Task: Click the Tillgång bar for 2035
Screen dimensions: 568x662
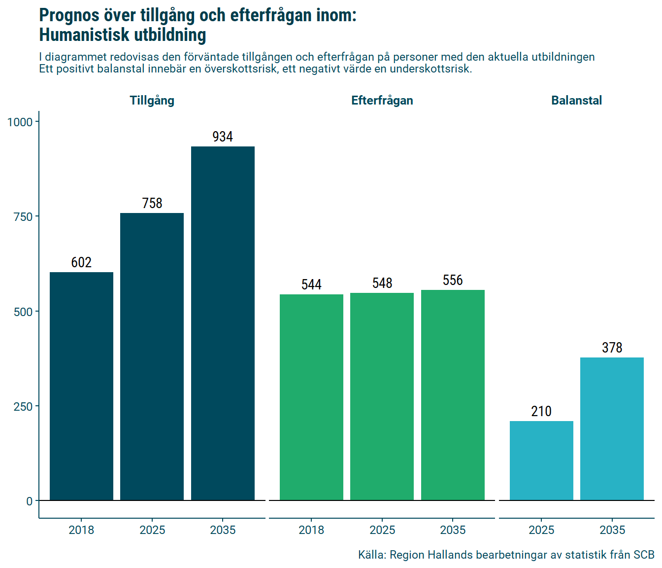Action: pyautogui.click(x=223, y=323)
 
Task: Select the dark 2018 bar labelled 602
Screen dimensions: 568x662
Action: pyautogui.click(x=81, y=386)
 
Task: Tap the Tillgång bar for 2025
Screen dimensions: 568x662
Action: pyautogui.click(x=152, y=356)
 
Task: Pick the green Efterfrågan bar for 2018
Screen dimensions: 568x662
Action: pyautogui.click(x=311, y=397)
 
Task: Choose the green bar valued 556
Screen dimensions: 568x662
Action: pyautogui.click(x=453, y=395)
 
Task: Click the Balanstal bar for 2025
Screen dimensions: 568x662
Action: pyautogui.click(x=541, y=461)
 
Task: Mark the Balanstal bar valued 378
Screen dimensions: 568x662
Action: pyautogui.click(x=612, y=429)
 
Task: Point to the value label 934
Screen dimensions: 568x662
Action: pyautogui.click(x=223, y=137)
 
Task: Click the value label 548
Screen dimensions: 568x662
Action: pyautogui.click(x=382, y=283)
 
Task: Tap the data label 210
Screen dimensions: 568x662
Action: pyautogui.click(x=541, y=411)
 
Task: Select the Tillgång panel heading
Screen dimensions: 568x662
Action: pyautogui.click(x=152, y=101)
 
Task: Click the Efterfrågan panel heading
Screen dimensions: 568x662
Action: pyautogui.click(x=382, y=101)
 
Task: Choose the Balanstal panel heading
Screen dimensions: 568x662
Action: pyautogui.click(x=576, y=101)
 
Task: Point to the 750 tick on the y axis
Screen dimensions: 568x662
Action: pyautogui.click(x=24, y=217)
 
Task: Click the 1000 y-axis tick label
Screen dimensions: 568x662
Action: pyautogui.click(x=20, y=122)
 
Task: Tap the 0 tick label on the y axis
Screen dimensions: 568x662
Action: pyautogui.click(x=30, y=501)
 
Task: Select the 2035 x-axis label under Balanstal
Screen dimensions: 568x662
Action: pyautogui.click(x=612, y=530)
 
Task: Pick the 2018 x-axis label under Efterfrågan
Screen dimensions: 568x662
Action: pyautogui.click(x=311, y=530)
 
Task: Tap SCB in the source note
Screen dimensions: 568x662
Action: pyautogui.click(x=644, y=555)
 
